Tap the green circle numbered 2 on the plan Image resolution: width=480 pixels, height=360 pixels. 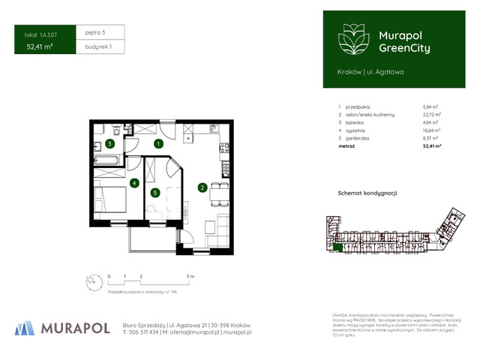pyautogui.click(x=202, y=187)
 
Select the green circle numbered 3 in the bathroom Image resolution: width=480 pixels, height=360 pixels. pyautogui.click(x=110, y=143)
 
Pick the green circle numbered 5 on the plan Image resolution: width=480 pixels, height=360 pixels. pyautogui.click(x=155, y=193)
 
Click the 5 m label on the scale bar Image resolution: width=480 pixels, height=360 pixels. pyautogui.click(x=191, y=277)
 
